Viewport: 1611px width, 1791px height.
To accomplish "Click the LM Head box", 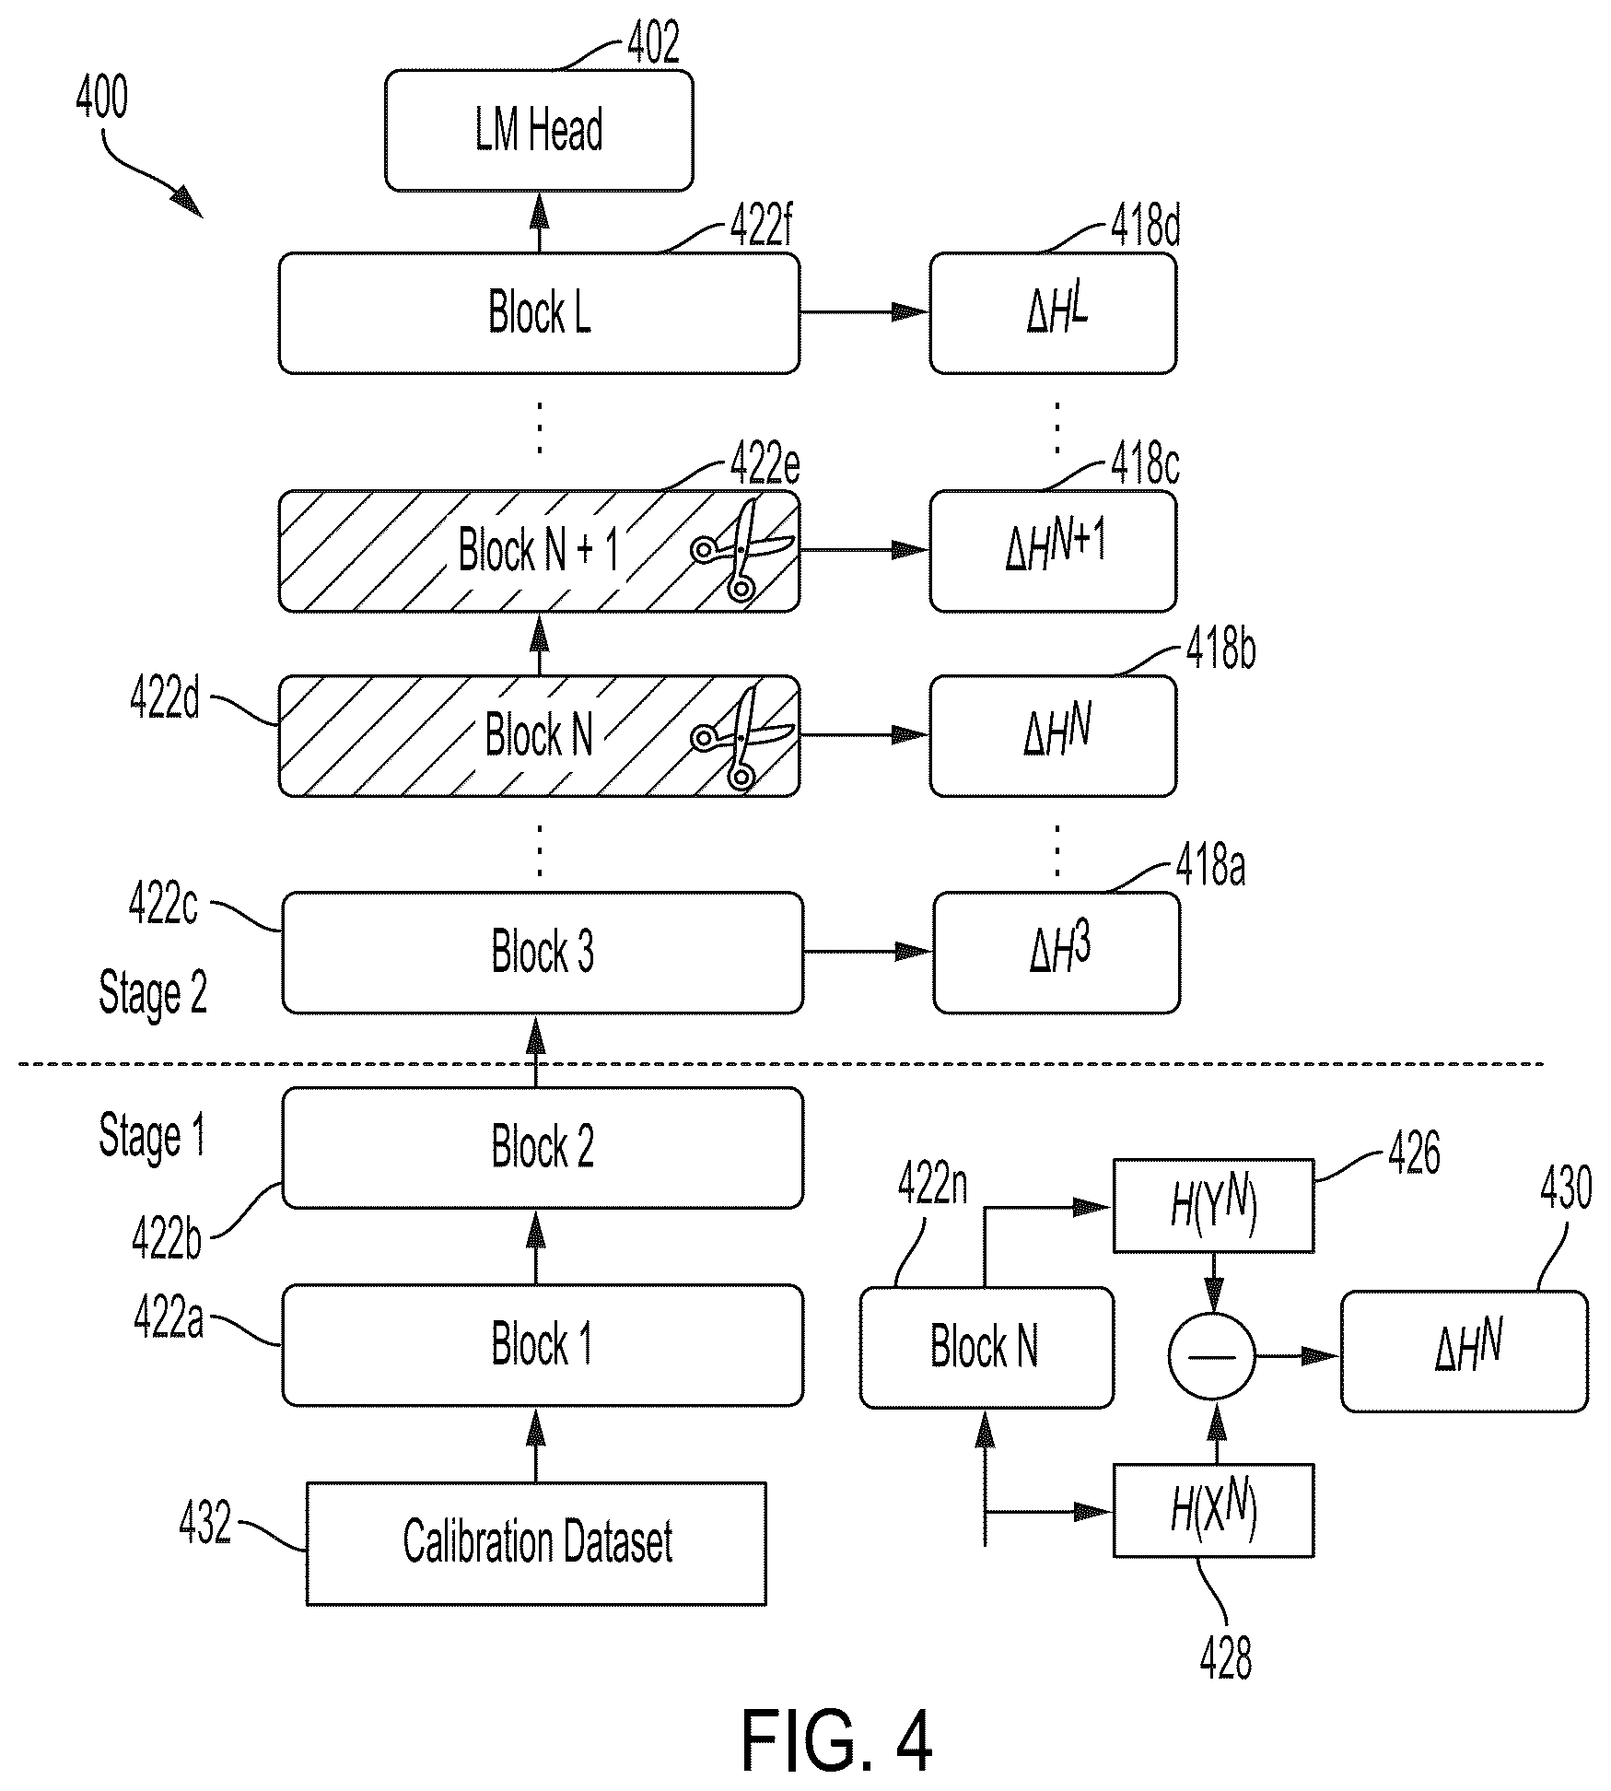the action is [539, 131].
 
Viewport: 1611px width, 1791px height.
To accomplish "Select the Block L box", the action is [539, 313].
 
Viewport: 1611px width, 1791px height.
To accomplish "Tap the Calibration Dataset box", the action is [536, 1543].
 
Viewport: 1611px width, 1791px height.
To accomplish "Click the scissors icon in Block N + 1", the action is [741, 550].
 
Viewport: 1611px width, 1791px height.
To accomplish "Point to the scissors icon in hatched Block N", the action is [741, 737].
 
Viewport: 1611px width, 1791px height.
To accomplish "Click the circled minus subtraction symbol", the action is [1212, 1356].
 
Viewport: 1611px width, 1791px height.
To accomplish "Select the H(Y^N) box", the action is [1213, 1206].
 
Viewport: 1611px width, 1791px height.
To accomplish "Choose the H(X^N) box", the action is [1213, 1510].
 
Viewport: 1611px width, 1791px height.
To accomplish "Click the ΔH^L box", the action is [1053, 313].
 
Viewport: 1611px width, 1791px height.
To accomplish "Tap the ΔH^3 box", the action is [1056, 953].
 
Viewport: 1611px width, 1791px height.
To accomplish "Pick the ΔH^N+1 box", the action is [1053, 551].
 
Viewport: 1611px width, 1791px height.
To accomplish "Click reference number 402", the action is [653, 42].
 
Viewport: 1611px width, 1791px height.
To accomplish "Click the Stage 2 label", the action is [153, 994].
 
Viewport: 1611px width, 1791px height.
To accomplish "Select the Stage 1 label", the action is [152, 1137].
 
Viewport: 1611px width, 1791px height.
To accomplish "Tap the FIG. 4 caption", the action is [836, 1739].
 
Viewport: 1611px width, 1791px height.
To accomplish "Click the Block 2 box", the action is [543, 1148].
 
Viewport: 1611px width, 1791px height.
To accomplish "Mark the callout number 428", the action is [1226, 1658].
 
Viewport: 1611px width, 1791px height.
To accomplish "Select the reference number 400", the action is [102, 98].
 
